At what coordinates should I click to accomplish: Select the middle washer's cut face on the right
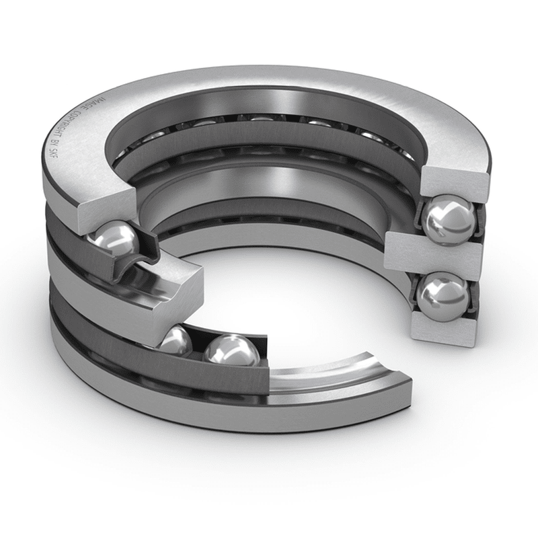(434, 256)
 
